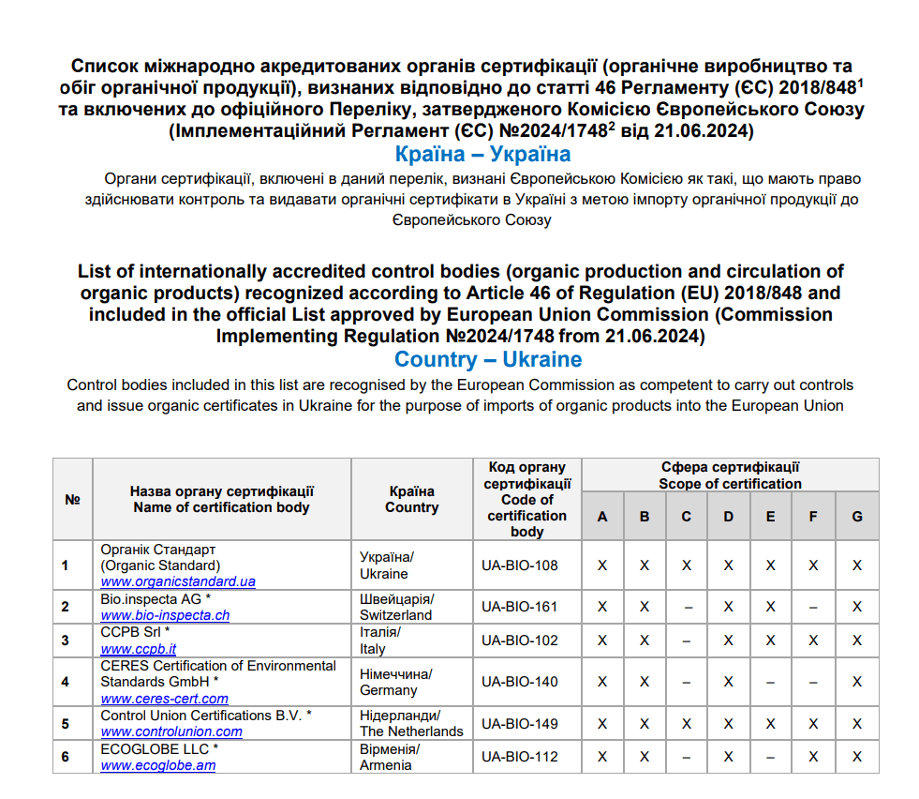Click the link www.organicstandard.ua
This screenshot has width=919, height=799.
tap(178, 581)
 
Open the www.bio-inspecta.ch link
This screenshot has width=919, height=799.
tap(165, 615)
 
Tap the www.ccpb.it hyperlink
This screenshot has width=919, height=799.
tap(139, 649)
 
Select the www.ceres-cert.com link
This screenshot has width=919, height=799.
tap(165, 699)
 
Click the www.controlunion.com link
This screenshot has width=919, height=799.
tap(171, 731)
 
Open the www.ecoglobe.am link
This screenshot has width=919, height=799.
tap(158, 765)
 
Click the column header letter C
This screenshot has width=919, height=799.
tap(687, 517)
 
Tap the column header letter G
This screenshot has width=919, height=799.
tap(856, 517)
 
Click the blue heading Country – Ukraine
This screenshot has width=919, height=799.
tap(488, 360)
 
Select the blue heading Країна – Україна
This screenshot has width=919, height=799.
tap(482, 154)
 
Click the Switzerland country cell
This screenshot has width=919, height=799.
tap(396, 615)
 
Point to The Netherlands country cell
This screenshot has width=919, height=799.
tap(411, 731)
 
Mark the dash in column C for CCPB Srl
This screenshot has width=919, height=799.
tap(687, 641)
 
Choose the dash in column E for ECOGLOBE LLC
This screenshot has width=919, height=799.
tap(770, 757)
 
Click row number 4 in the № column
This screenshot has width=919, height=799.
tap(66, 682)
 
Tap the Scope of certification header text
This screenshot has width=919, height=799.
tap(730, 484)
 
